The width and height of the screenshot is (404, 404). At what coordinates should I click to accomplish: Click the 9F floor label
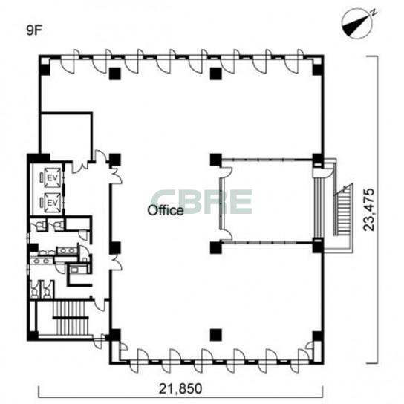34,30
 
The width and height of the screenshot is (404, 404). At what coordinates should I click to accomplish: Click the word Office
166,210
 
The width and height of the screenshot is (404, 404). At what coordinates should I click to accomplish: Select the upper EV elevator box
53,177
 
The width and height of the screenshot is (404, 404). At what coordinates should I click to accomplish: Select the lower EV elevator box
53,203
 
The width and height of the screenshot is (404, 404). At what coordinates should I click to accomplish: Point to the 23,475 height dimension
368,209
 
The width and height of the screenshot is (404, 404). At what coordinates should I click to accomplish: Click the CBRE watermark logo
202,202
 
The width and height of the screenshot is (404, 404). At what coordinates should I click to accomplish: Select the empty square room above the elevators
66,134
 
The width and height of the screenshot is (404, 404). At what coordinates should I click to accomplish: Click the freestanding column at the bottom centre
215,335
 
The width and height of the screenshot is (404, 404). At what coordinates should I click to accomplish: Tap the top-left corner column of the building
45,66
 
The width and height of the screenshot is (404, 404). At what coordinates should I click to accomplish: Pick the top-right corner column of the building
317,66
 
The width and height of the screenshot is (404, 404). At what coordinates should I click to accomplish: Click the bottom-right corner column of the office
317,337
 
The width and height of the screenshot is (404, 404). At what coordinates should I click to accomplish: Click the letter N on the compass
374,12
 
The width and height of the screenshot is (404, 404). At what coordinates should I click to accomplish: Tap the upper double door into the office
116,175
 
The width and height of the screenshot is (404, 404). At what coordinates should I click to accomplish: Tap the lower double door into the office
116,262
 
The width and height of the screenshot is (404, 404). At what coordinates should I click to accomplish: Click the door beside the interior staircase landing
100,304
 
